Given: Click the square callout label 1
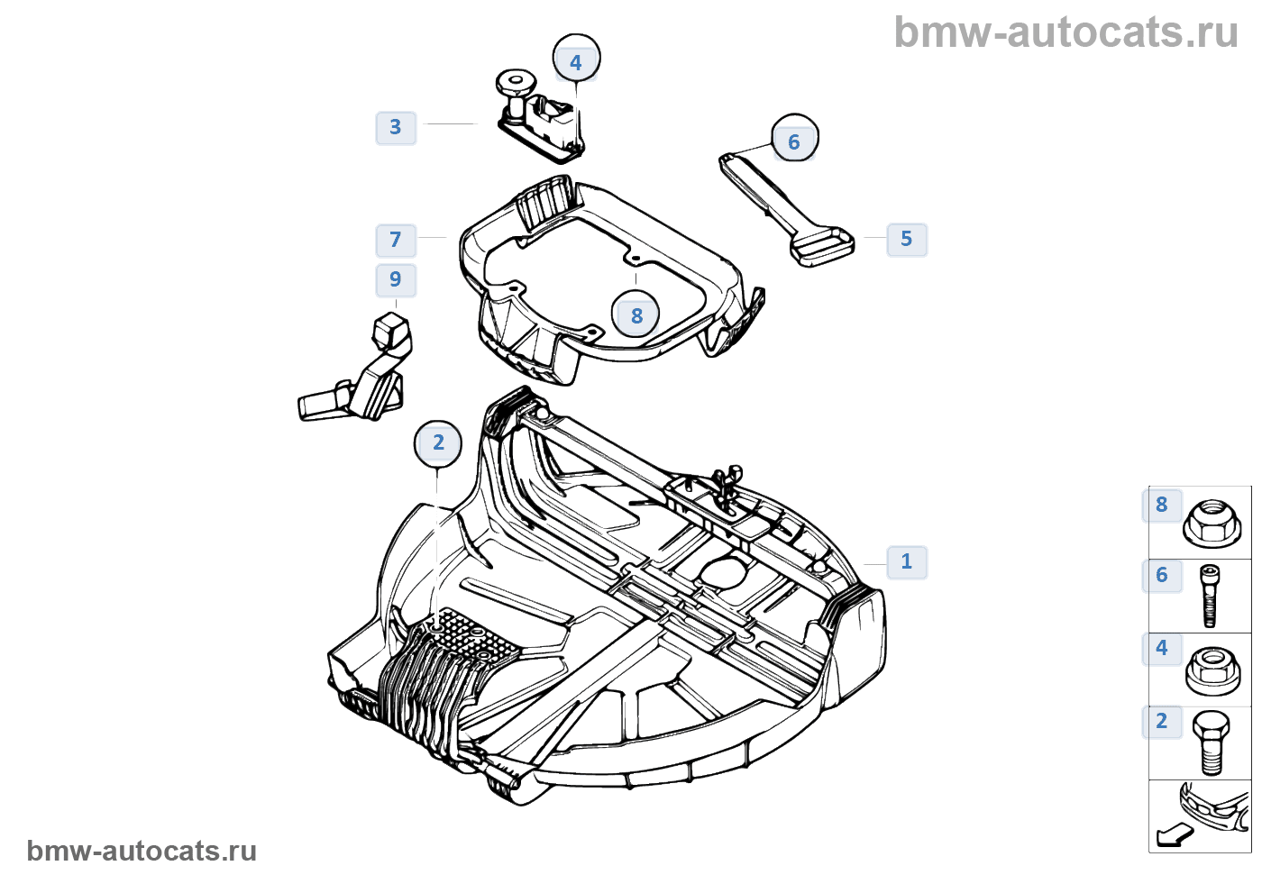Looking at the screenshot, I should pos(907,562).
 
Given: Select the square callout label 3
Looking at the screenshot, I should pos(396,127).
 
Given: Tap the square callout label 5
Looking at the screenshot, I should pos(907,240).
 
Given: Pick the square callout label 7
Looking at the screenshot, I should pos(396,241).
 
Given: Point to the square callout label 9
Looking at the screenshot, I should pos(396,280).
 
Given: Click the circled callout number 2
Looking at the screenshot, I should pos(438,443).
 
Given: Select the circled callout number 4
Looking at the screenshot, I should pos(576,63).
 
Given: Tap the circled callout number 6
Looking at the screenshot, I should pos(794,142).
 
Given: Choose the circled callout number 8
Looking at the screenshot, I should pos(636,316).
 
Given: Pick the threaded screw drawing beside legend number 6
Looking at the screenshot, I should pos(1210,595).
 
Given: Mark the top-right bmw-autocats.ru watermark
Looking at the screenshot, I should pos(1065,32).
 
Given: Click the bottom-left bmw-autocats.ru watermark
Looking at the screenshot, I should pos(142,852).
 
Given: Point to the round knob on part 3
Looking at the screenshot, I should pos(515,86).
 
